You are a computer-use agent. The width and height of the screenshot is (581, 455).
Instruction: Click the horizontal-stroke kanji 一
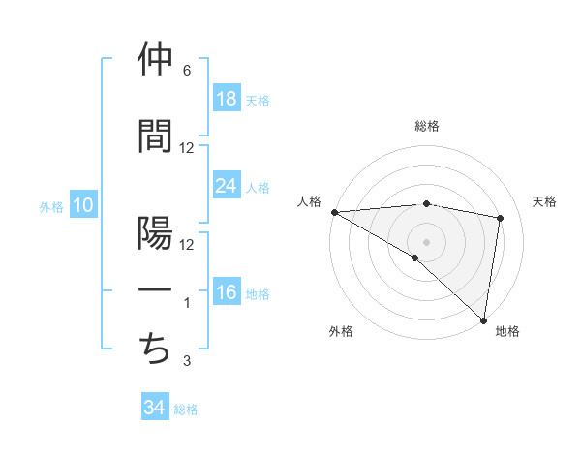click(x=156, y=290)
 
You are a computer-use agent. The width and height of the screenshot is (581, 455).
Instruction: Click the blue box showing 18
click(x=227, y=99)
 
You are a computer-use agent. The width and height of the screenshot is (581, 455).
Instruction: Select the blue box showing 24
click(x=227, y=186)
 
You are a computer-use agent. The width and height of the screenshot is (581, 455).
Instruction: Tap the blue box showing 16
click(x=227, y=292)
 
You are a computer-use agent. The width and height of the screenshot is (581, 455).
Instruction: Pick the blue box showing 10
click(x=82, y=205)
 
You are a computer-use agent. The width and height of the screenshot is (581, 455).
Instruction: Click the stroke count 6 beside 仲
click(x=187, y=71)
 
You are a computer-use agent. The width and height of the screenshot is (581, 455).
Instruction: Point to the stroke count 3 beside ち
click(x=187, y=361)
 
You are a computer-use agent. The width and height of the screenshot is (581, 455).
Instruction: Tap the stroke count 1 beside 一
click(x=187, y=303)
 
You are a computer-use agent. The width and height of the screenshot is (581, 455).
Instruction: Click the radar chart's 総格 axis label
click(x=427, y=126)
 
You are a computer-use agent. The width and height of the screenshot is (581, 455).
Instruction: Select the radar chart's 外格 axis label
click(x=341, y=331)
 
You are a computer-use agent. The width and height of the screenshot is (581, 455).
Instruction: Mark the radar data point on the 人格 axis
click(x=334, y=212)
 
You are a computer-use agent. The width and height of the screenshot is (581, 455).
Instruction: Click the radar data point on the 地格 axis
click(x=483, y=318)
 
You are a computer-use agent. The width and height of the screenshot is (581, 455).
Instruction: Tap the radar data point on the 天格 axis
click(x=501, y=218)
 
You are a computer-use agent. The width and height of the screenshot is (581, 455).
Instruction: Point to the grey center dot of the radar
click(x=427, y=241)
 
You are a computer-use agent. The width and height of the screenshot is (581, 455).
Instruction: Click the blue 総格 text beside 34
click(x=186, y=409)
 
